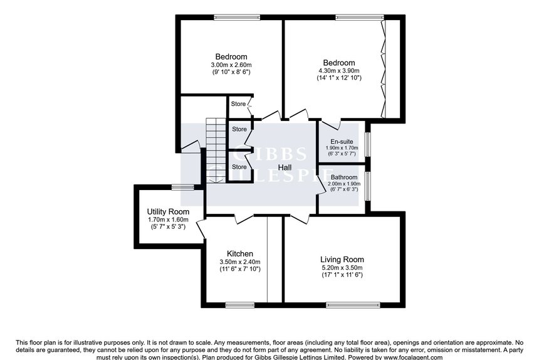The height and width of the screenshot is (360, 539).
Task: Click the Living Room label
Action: [x=342, y=260]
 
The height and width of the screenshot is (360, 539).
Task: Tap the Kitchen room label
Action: [x=240, y=254]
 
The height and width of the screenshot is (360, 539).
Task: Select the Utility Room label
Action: [x=168, y=211]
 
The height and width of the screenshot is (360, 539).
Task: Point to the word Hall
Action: [x=285, y=167]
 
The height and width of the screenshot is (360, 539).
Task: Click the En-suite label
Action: [x=342, y=142]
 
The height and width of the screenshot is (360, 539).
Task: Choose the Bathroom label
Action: [x=344, y=177]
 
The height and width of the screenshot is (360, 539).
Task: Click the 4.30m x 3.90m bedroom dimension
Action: [x=339, y=70]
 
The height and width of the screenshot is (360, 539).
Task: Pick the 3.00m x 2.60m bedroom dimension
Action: [x=231, y=65]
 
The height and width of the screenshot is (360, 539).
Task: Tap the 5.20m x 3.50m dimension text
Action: [x=342, y=268]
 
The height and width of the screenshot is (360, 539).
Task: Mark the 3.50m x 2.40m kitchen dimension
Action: [x=240, y=262]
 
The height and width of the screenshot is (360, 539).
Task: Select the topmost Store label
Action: [x=238, y=104]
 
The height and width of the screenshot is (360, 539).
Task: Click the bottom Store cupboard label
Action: [x=239, y=167]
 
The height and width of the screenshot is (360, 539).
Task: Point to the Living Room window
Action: [x=353, y=305]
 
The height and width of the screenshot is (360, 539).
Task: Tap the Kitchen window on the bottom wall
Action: [x=240, y=305]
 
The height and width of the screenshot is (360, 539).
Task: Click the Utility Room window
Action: [x=183, y=187]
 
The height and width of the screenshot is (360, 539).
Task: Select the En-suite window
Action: [x=367, y=144]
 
